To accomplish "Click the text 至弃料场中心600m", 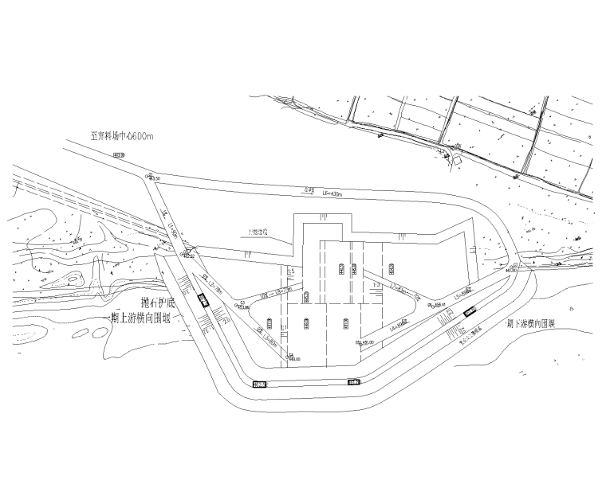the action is coord(121,137).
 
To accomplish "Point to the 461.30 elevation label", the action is coord(510,270).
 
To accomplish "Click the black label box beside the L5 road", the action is coord(471,311).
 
